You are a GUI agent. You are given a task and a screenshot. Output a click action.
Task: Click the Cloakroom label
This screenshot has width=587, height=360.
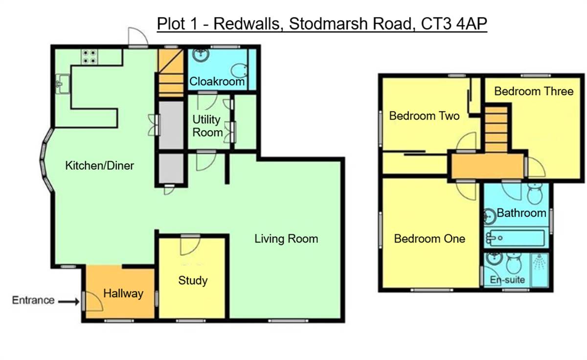pos(217,82)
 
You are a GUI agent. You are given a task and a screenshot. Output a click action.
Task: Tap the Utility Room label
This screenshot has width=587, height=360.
pos(207,126)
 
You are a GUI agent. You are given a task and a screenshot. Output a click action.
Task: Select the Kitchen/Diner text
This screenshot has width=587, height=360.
pos(99,166)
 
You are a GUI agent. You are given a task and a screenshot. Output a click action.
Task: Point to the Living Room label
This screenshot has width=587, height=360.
pos(286,239)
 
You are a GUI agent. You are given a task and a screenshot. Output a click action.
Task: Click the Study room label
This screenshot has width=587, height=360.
pos(193,280)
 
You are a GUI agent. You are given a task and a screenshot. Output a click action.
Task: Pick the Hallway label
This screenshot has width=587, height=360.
pos(123,293)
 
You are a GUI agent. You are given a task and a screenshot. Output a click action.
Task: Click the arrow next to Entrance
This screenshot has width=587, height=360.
pos(68,302)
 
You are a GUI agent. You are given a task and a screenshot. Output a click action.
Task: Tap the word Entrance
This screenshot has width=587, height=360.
pos(33,300)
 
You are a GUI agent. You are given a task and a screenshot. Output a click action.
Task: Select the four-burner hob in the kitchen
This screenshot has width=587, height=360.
pos(89,57)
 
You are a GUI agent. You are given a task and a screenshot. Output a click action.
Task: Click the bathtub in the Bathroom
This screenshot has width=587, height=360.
pos(514,239)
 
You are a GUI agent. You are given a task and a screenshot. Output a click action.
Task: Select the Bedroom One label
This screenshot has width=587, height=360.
pos(429,239)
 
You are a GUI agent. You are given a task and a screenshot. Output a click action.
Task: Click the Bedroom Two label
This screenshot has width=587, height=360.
pos(424,116)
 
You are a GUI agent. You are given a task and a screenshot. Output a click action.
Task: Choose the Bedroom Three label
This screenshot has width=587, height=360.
pos(533,91)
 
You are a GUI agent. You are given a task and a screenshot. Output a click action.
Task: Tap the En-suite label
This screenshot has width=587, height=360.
pos(507,280)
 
